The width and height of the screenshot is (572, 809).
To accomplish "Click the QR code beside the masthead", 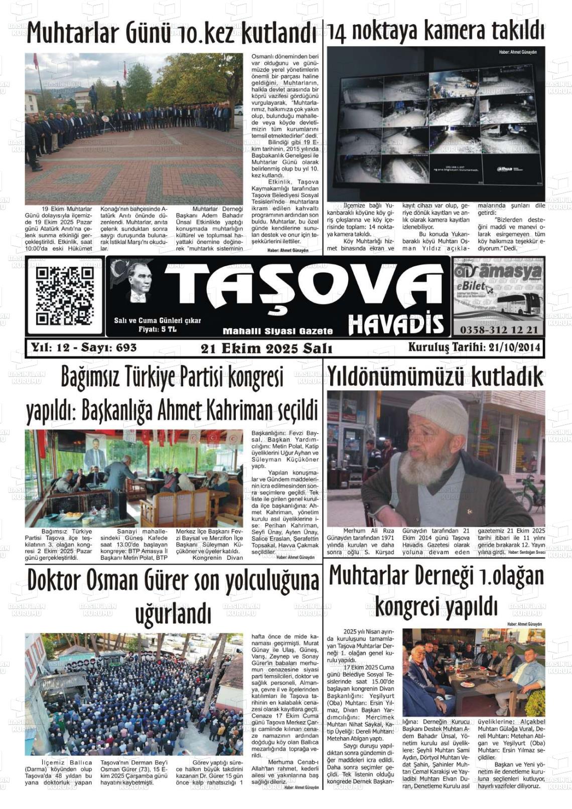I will coord(65,296).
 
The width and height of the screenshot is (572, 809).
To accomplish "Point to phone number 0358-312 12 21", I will coord(498,330).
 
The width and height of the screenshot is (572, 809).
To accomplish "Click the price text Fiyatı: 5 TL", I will coord(157,329).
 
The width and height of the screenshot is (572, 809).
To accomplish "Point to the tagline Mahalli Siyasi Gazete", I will coord(277,331).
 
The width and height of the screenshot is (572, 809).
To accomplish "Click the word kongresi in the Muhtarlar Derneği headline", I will coord(409,607).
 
